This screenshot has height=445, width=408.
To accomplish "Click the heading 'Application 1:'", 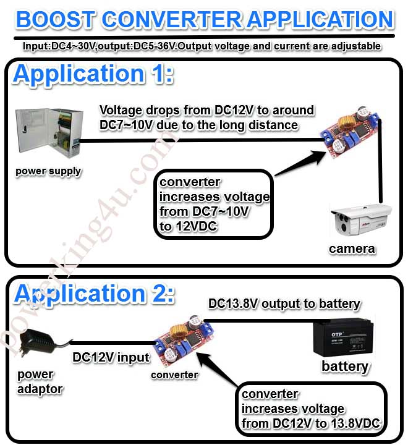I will [x=93, y=74].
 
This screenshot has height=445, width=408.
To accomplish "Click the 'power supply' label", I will [x=48, y=171].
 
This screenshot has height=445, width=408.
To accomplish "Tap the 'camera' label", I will [x=352, y=248].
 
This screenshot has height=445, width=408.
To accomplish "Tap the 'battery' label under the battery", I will [x=345, y=367].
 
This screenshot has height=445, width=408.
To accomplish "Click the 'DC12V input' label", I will [x=111, y=357].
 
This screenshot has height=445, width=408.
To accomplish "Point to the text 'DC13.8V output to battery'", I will [x=284, y=303].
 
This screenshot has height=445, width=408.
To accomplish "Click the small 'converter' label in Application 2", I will [x=175, y=375].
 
